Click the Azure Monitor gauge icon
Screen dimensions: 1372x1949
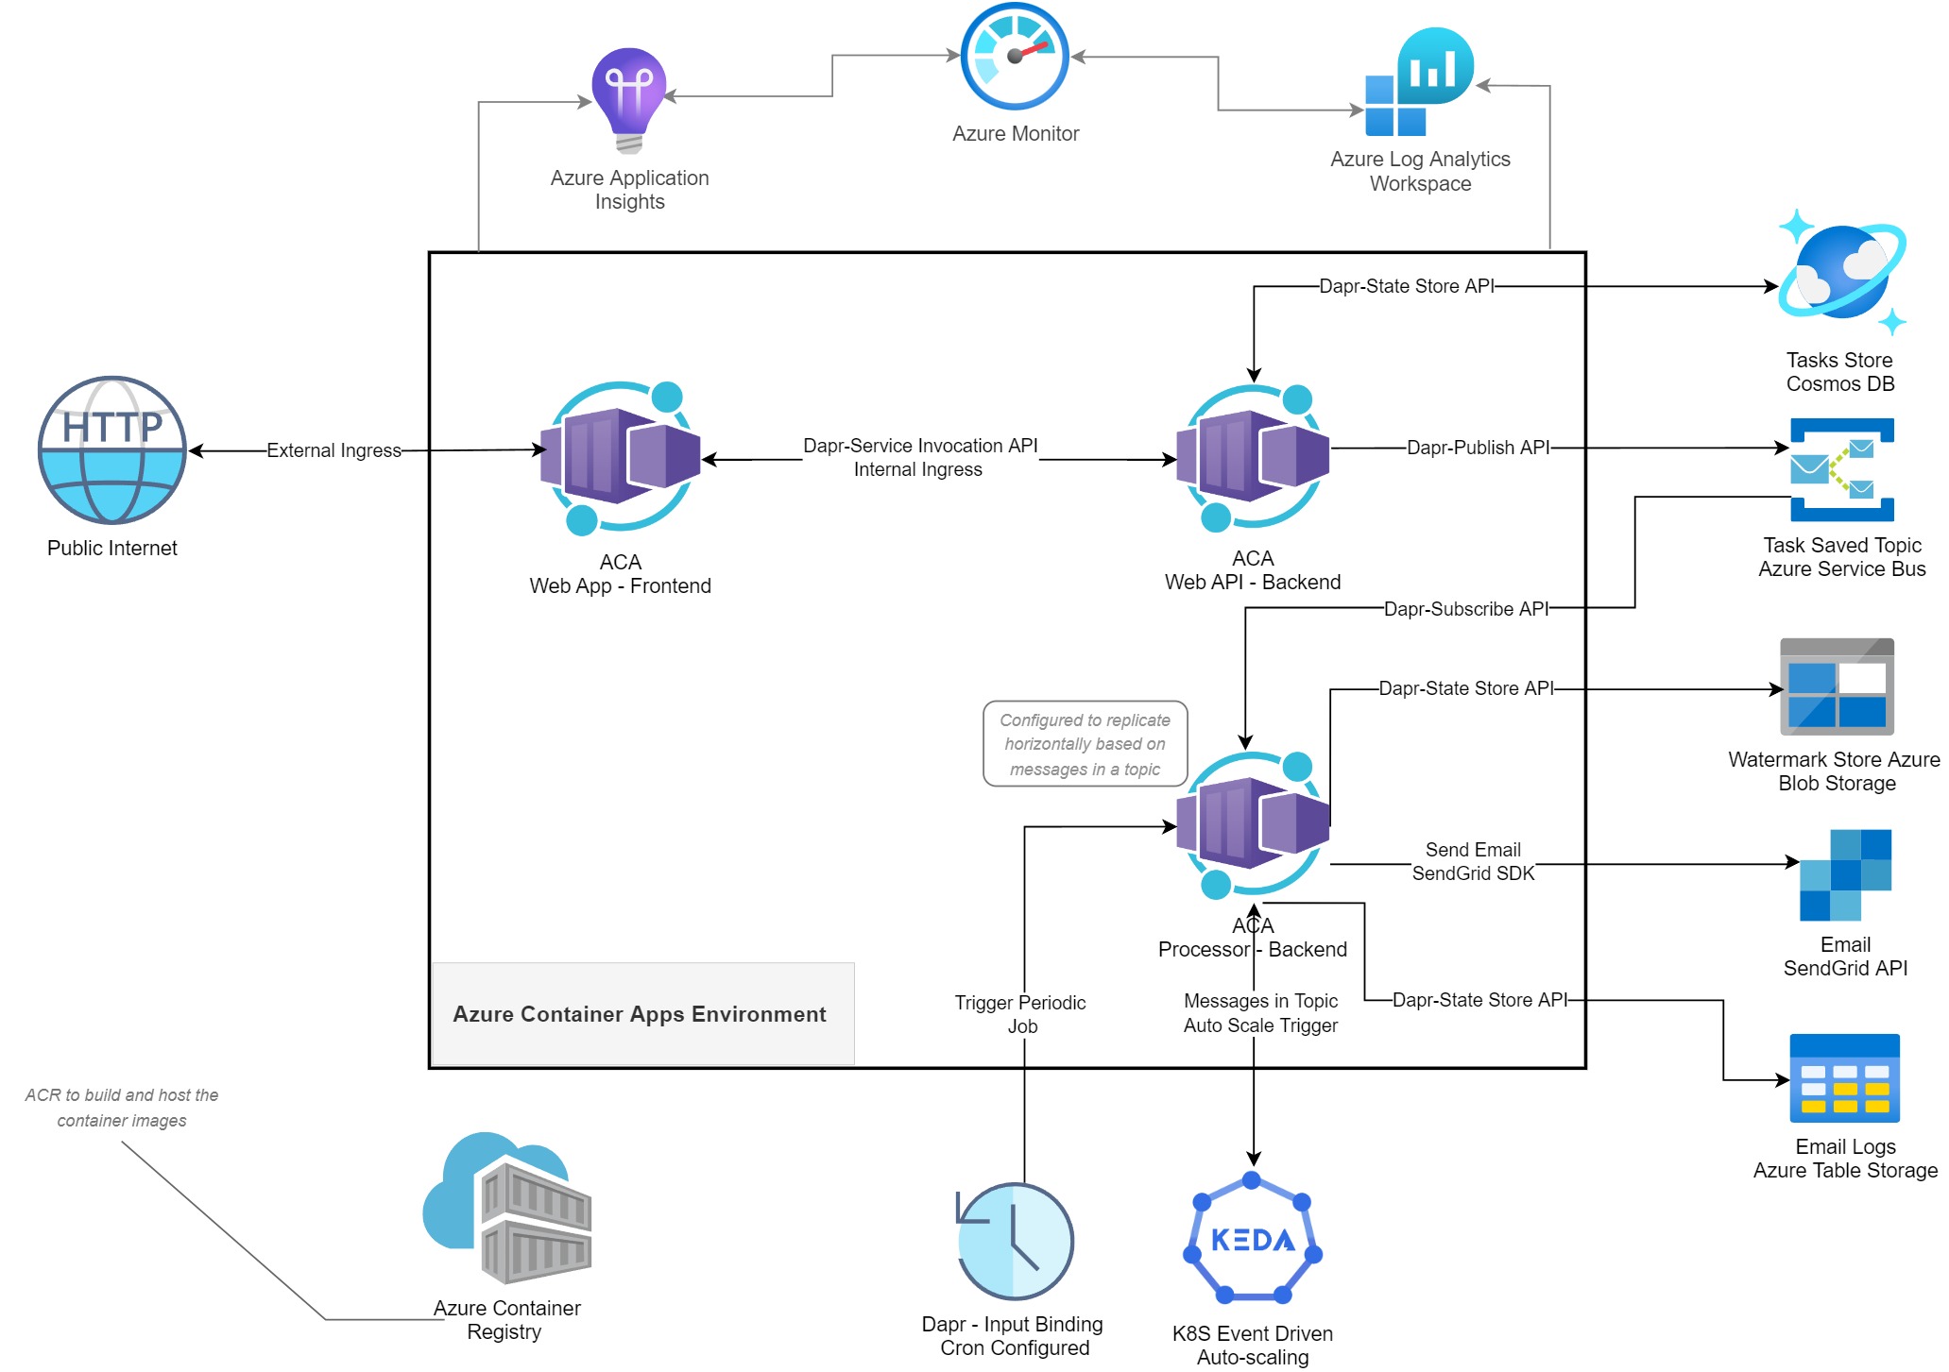coord(1015,57)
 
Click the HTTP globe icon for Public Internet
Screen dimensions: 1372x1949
coord(112,450)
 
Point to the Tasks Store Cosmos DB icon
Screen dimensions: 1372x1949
coord(1841,273)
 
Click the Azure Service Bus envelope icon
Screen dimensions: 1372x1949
coord(1841,469)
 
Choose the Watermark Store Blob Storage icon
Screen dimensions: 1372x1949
coord(1837,686)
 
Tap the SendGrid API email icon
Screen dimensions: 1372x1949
coord(1845,874)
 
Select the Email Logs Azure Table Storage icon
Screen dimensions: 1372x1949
coord(1844,1078)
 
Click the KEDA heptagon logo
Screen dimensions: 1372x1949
coord(1253,1238)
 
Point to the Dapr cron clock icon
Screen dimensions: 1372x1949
coord(1015,1241)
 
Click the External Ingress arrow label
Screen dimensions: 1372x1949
coord(333,450)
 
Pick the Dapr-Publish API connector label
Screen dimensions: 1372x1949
coord(1478,448)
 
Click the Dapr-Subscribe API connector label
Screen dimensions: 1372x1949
coord(1465,609)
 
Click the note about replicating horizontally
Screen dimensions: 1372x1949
coord(1085,744)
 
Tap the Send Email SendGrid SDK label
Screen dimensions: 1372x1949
coord(1473,861)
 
